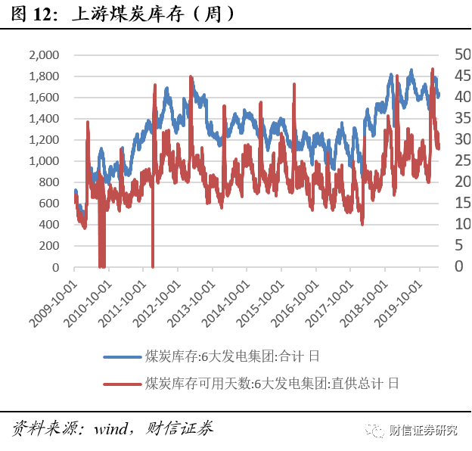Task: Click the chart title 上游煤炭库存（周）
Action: point(151,14)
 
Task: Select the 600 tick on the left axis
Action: point(49,204)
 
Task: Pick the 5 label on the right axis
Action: point(458,245)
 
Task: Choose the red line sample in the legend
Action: point(123,383)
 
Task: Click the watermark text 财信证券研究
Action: point(424,431)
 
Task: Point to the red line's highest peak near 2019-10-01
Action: point(433,69)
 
